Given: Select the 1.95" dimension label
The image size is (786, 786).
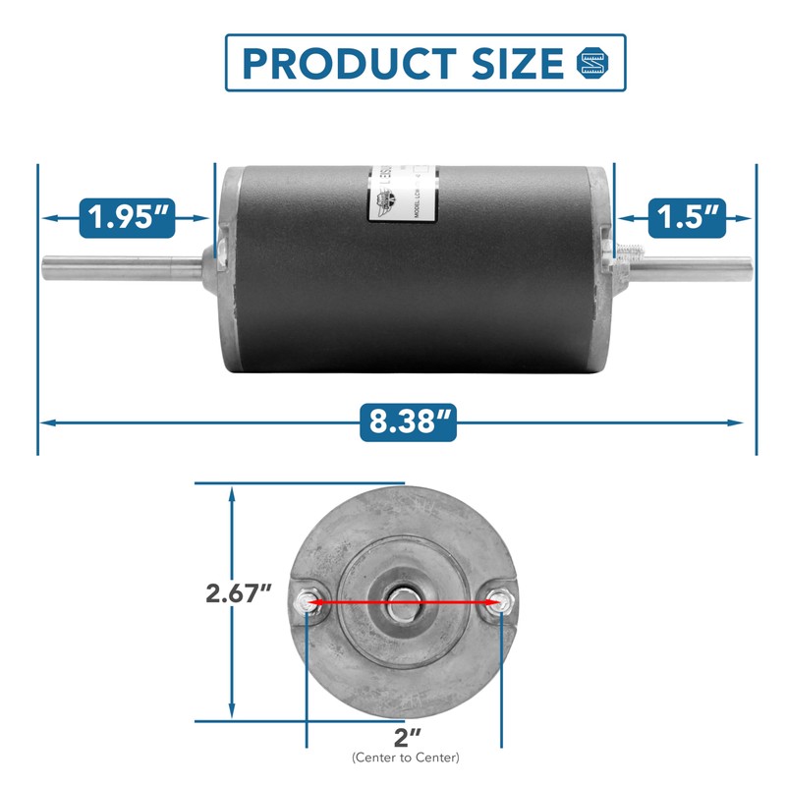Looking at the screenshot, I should pyautogui.click(x=128, y=216).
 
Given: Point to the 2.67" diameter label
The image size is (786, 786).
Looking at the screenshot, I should pyautogui.click(x=239, y=593).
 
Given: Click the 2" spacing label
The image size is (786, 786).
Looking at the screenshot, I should pyautogui.click(x=405, y=736).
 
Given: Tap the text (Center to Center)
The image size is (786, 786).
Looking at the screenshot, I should pyautogui.click(x=405, y=758).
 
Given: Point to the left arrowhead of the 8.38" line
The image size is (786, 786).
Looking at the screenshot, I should pyautogui.click(x=47, y=422).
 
